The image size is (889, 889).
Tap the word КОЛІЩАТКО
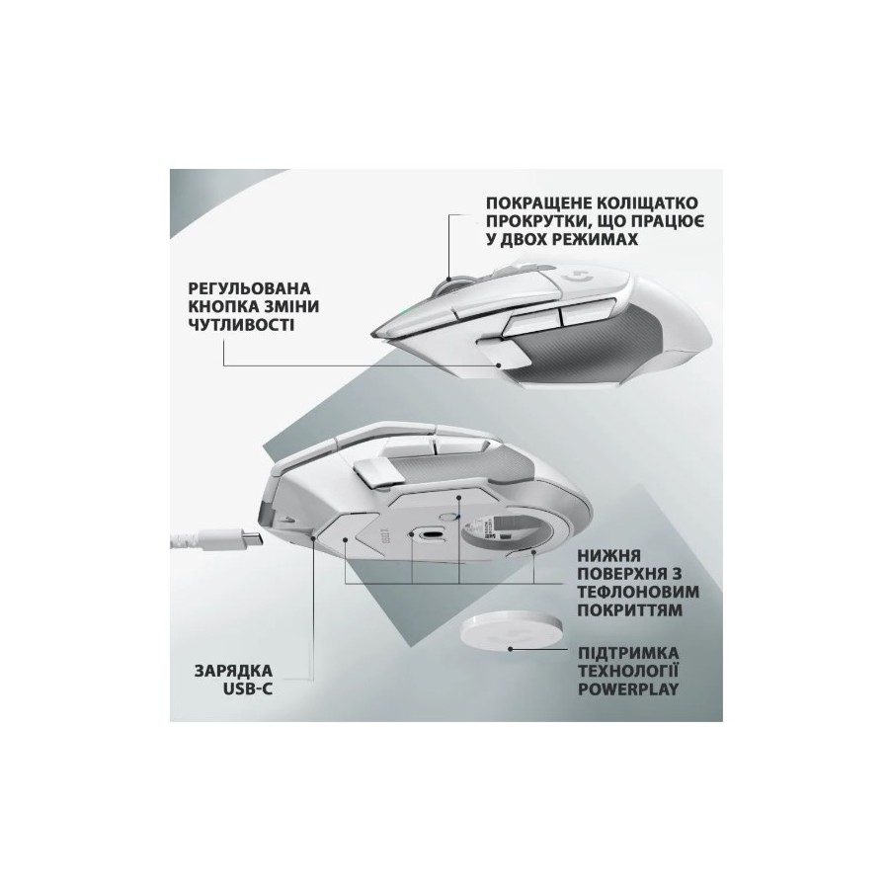pos(651,202)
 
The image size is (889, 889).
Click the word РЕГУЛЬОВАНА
pos(249,288)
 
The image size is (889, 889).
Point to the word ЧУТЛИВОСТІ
pos(241,325)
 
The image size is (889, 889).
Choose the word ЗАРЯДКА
pos(233,671)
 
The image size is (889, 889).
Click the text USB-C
pos(248,689)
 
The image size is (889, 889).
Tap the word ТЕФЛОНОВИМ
pos(638,592)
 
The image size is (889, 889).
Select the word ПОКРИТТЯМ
pos(630,610)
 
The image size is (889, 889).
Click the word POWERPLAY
pos(628,689)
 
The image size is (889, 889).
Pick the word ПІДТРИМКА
pos(628,653)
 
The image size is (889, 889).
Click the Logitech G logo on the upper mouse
pos(578,278)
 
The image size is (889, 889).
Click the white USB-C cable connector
pos(228,538)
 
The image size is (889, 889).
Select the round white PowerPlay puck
pos(512,633)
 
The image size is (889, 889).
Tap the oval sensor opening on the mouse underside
pos(431,534)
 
